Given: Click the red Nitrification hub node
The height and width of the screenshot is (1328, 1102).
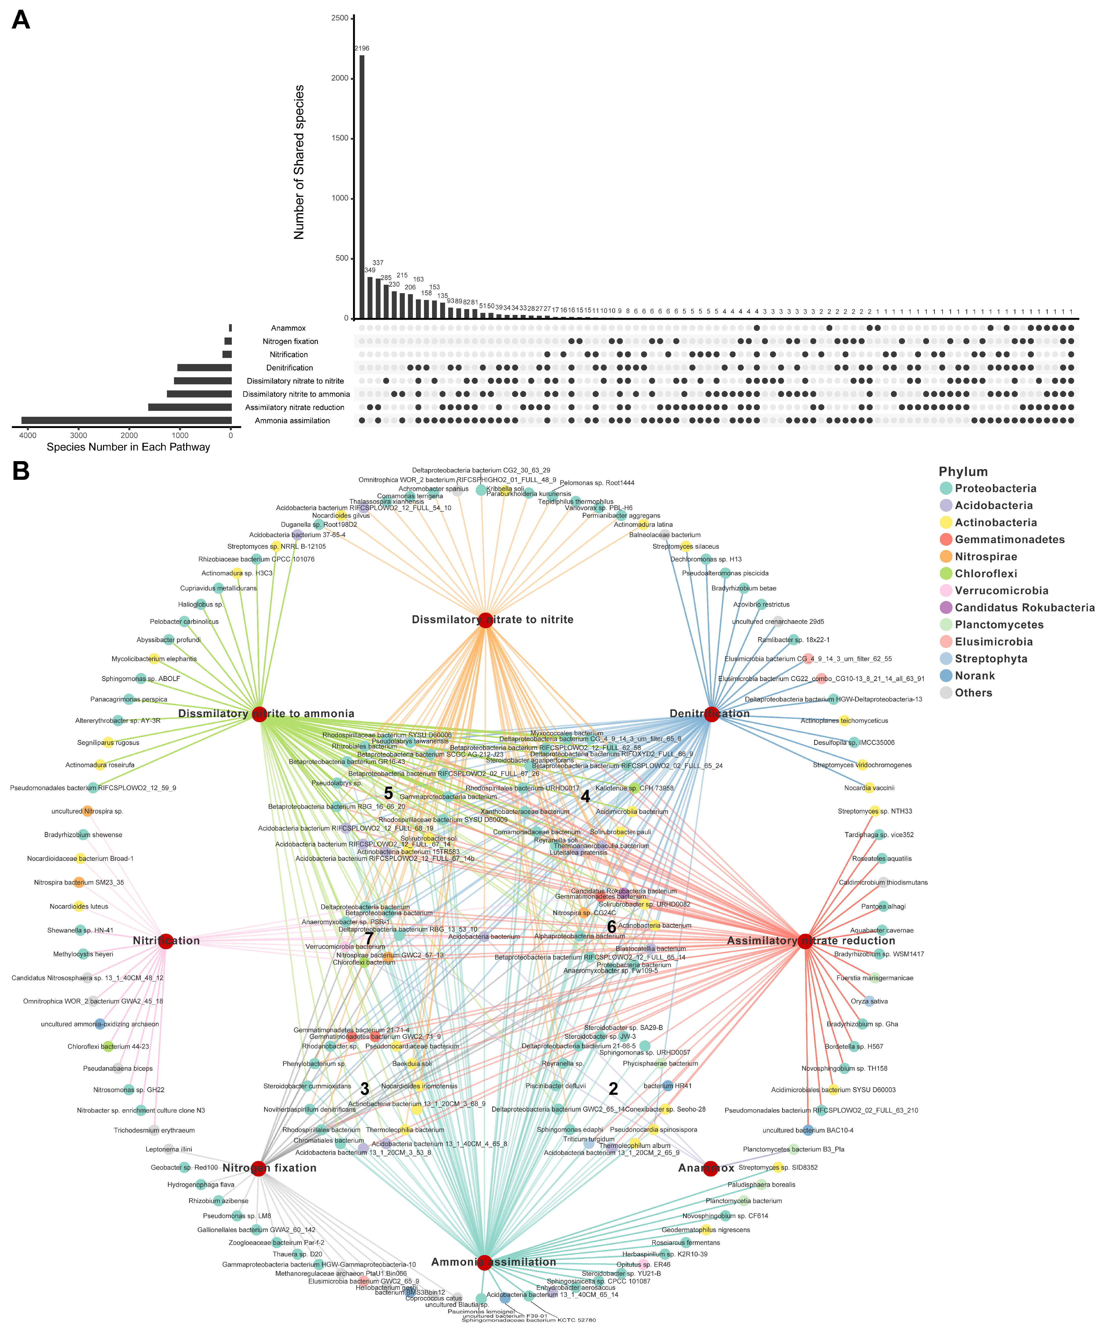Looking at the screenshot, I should [166, 941].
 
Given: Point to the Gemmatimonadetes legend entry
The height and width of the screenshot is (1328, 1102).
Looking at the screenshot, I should [1009, 539].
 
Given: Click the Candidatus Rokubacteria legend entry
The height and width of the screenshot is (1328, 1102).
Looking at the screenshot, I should [1024, 608].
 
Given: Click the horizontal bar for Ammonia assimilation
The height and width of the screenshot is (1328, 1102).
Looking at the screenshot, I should [127, 420].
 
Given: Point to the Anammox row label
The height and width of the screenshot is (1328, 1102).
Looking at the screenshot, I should [288, 328].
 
